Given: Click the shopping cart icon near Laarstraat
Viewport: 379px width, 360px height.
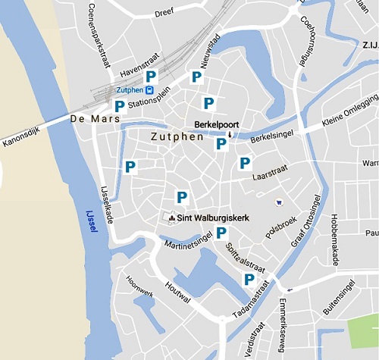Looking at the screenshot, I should click(x=279, y=202).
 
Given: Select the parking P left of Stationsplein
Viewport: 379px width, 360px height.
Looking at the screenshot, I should click(x=119, y=106).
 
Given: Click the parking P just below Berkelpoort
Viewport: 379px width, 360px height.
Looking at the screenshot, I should click(x=221, y=143).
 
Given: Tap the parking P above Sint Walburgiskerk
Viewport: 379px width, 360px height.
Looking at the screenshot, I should click(x=182, y=197).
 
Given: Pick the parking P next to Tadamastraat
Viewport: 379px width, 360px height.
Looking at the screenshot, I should click(x=248, y=280).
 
